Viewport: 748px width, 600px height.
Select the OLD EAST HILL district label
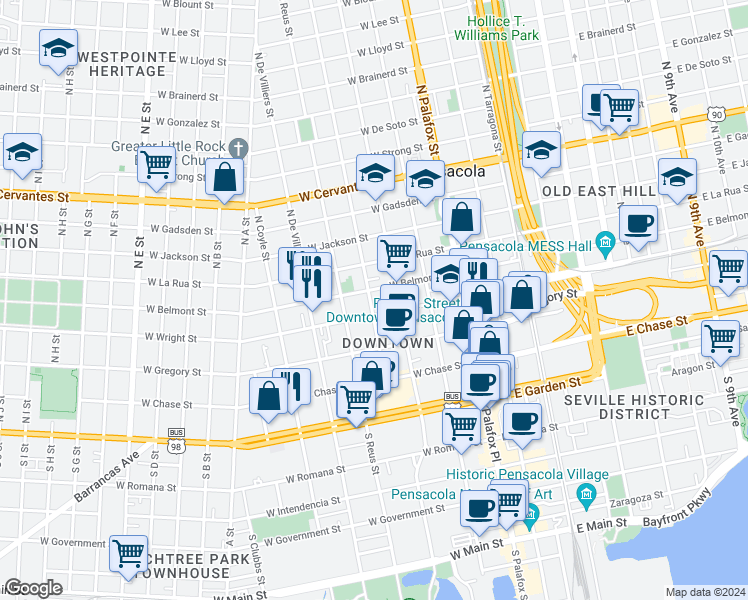point(589,190)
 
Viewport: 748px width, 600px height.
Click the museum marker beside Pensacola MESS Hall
point(604,242)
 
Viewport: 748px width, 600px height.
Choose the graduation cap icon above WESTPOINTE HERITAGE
point(58,47)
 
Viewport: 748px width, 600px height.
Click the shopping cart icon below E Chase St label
point(720,338)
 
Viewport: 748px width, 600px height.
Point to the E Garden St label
point(547,386)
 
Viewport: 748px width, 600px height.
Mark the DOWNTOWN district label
point(387,343)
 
